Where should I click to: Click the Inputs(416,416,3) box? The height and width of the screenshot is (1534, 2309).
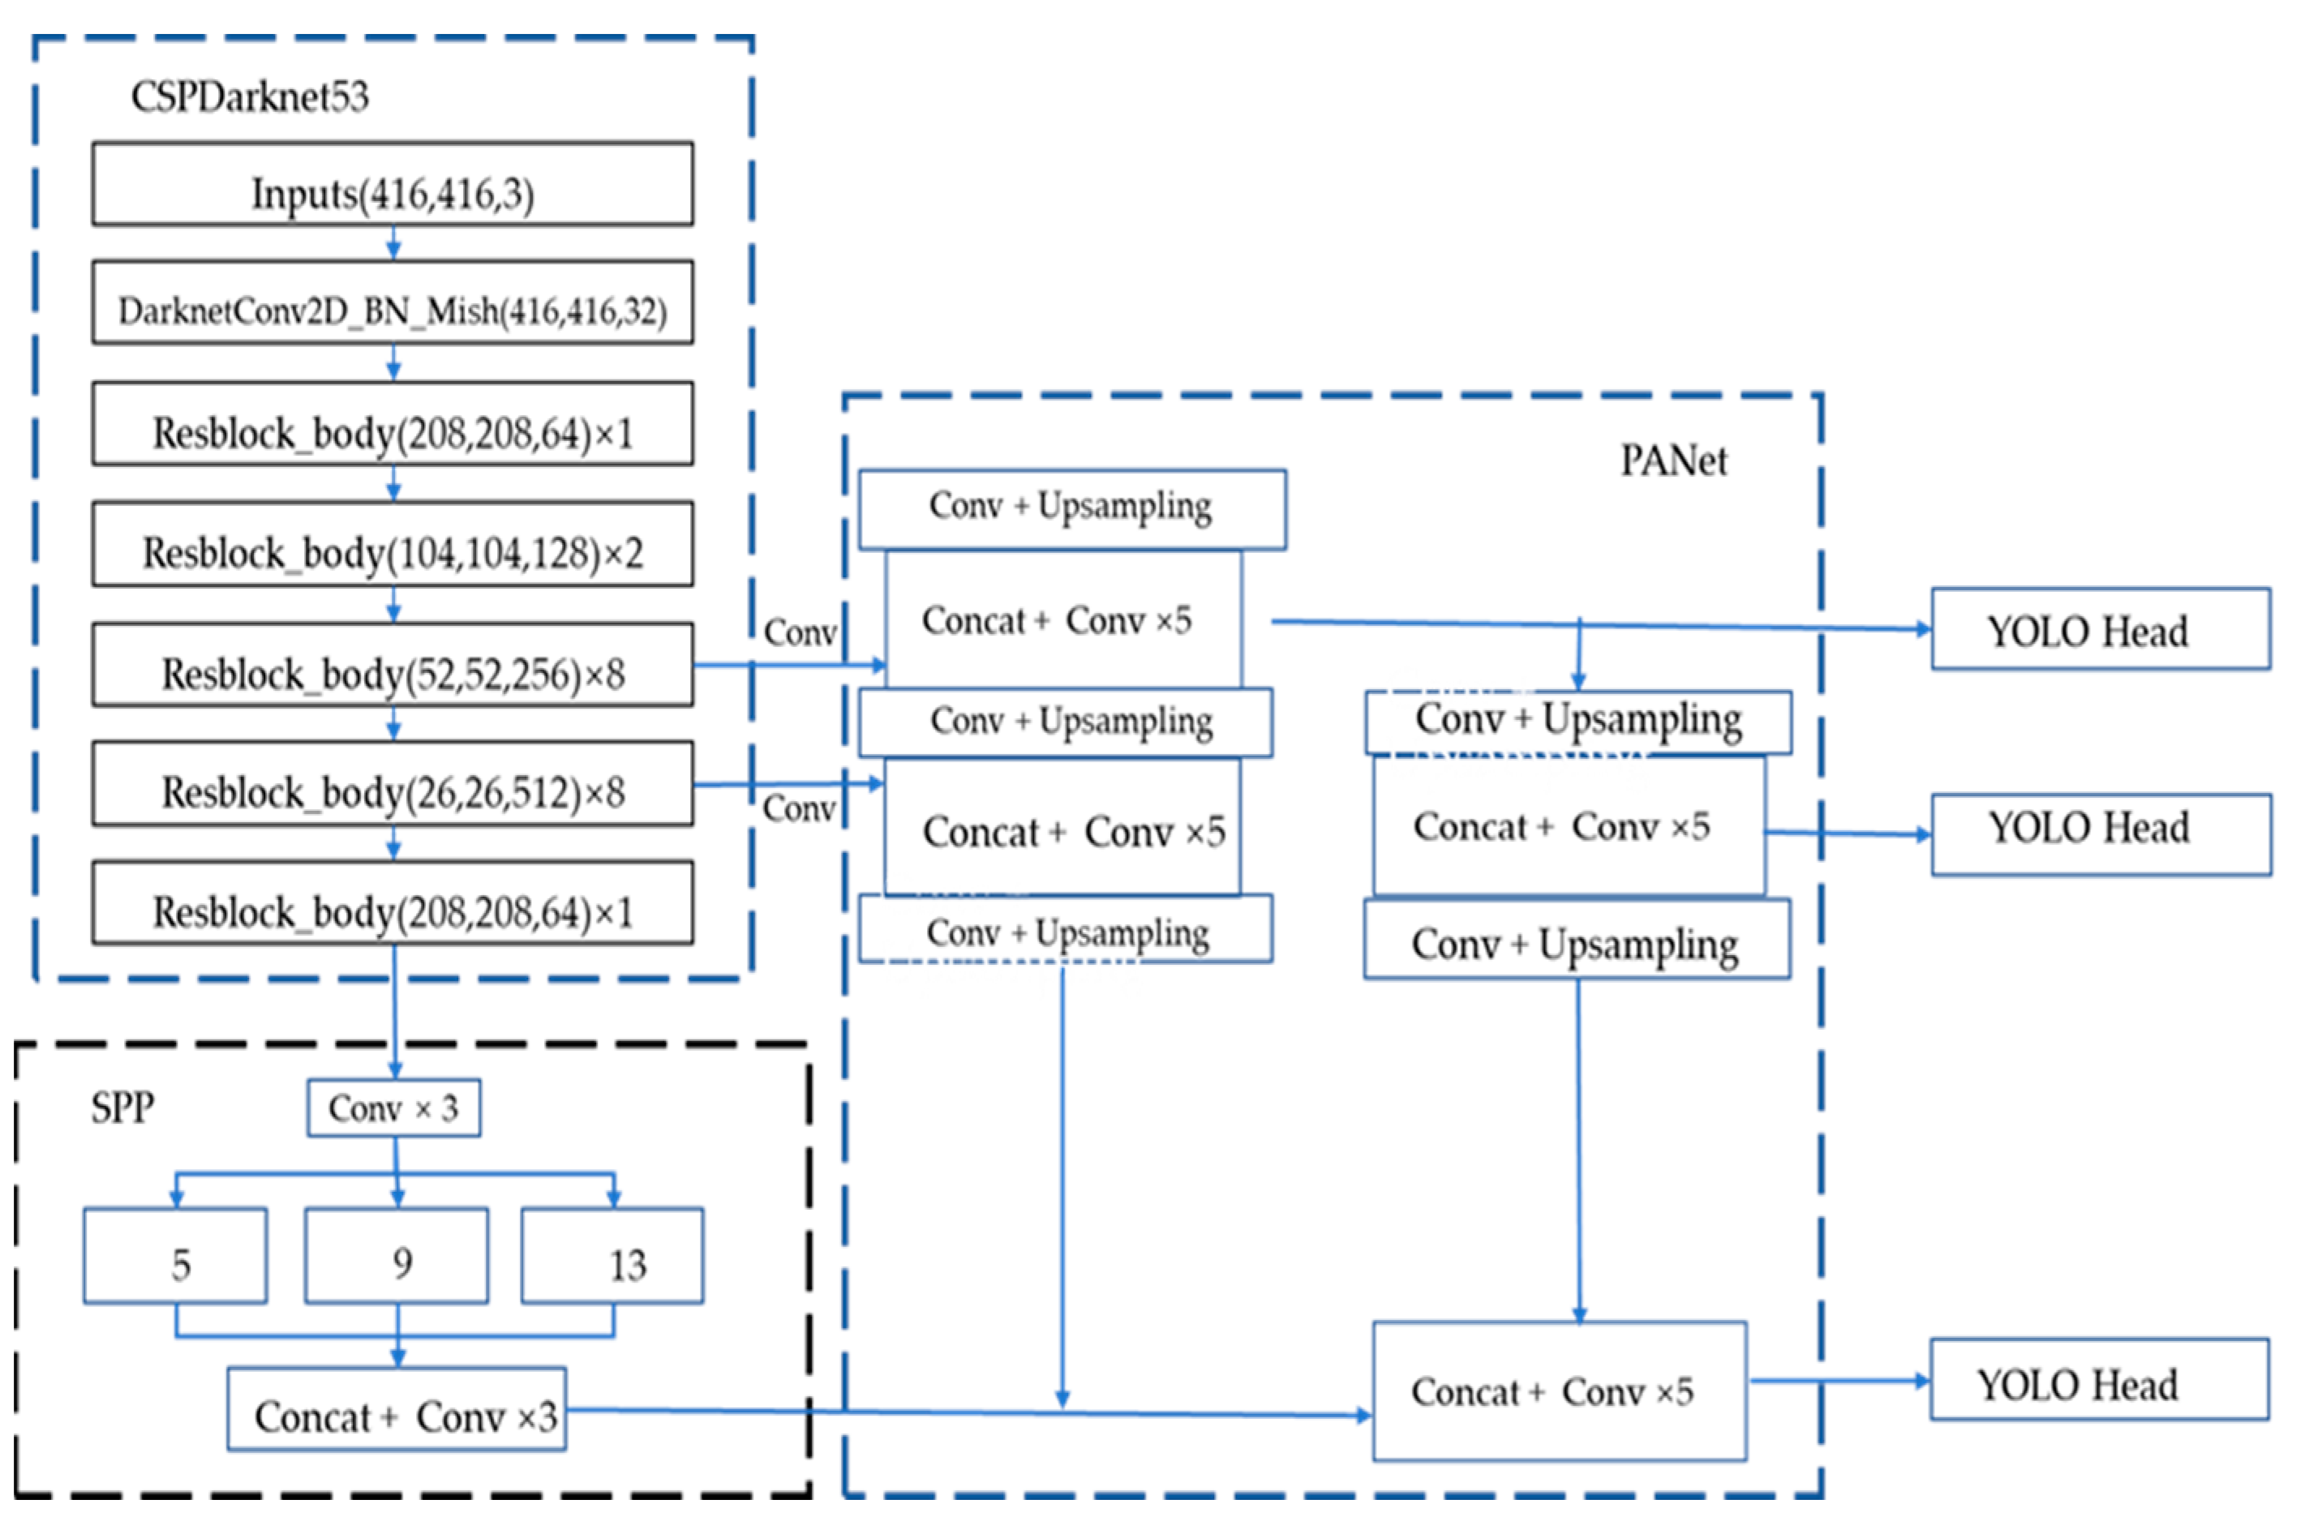(x=393, y=185)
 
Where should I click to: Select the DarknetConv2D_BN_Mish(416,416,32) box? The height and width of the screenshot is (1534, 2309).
(x=393, y=303)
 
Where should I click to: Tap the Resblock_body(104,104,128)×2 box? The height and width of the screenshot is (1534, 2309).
(x=393, y=545)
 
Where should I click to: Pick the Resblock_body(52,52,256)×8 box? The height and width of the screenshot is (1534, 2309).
(x=393, y=666)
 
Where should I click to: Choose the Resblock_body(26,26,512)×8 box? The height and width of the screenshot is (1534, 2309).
(x=393, y=784)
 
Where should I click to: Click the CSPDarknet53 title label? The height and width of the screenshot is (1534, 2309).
(x=250, y=96)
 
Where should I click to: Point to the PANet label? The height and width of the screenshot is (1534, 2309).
(x=1672, y=461)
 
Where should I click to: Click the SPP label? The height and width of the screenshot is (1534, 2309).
(x=122, y=1108)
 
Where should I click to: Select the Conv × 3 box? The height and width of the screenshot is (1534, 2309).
(x=393, y=1108)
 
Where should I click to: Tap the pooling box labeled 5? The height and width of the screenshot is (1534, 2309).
(x=176, y=1256)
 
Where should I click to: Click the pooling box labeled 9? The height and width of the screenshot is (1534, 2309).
(x=397, y=1256)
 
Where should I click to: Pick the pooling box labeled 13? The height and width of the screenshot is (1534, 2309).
(x=612, y=1256)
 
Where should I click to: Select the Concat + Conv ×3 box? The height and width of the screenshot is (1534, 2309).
(x=397, y=1409)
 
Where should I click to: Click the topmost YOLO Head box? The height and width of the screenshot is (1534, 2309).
(x=2100, y=629)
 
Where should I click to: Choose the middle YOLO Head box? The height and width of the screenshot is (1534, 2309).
(x=2100, y=834)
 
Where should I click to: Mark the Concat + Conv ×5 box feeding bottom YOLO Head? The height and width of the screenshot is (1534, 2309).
(x=1559, y=1391)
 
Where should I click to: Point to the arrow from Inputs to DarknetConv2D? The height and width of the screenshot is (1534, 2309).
(x=393, y=242)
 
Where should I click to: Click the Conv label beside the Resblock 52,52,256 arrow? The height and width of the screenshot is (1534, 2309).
(x=800, y=633)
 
